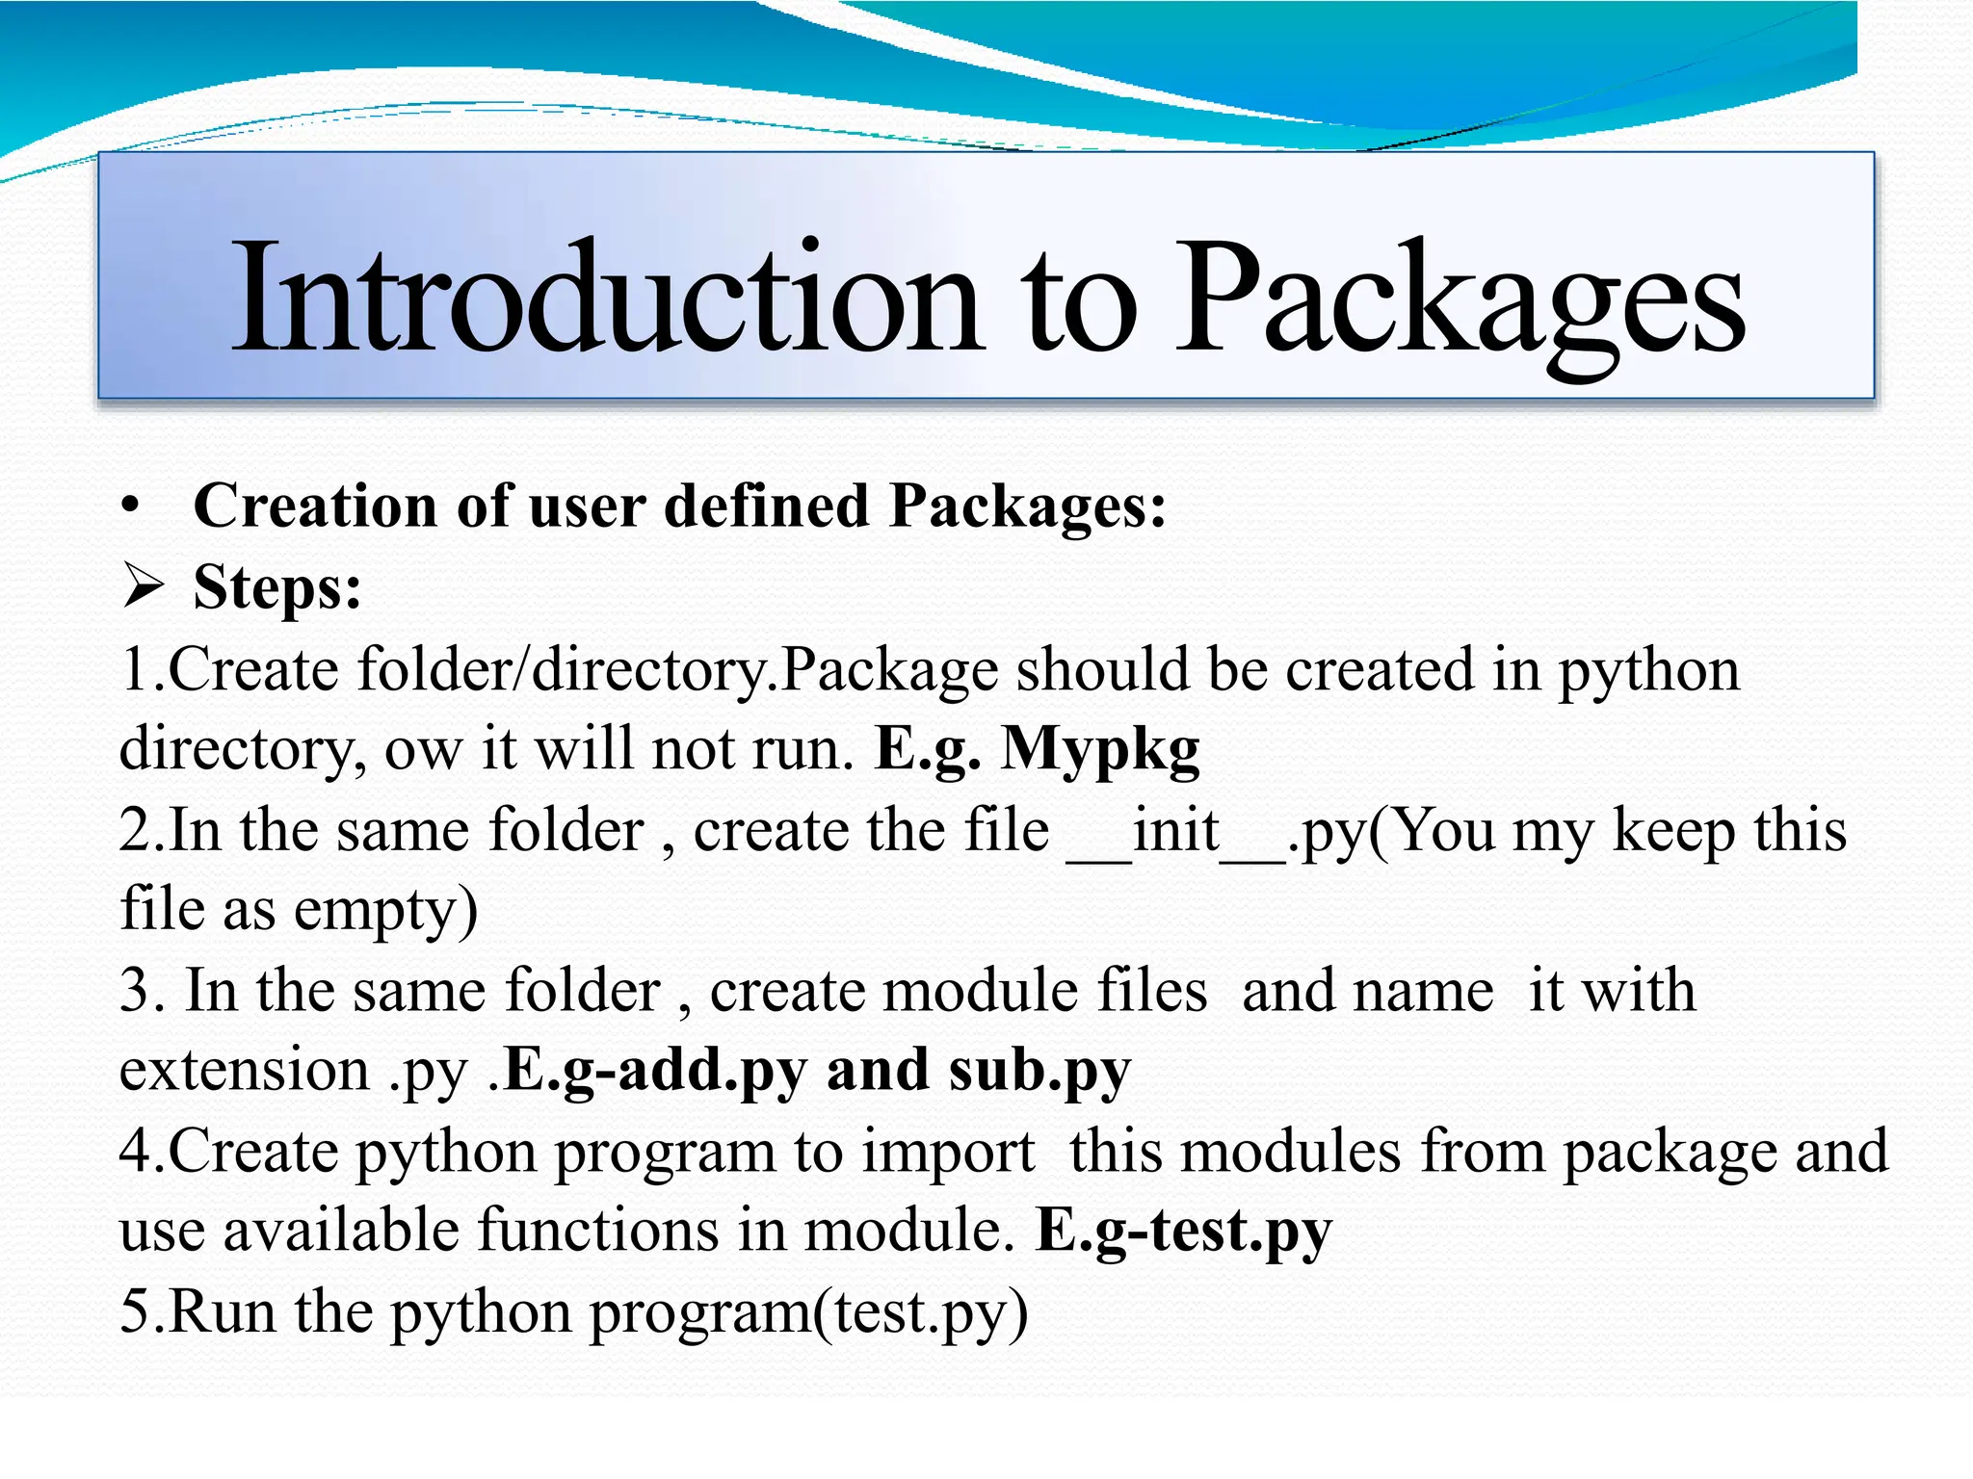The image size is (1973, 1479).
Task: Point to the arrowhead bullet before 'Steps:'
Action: (x=144, y=586)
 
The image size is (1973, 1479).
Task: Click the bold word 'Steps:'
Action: (x=277, y=586)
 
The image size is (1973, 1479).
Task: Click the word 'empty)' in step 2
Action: (x=385, y=910)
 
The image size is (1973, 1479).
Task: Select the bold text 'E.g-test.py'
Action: (x=1183, y=1231)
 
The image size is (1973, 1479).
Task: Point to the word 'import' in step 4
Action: (x=947, y=1152)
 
